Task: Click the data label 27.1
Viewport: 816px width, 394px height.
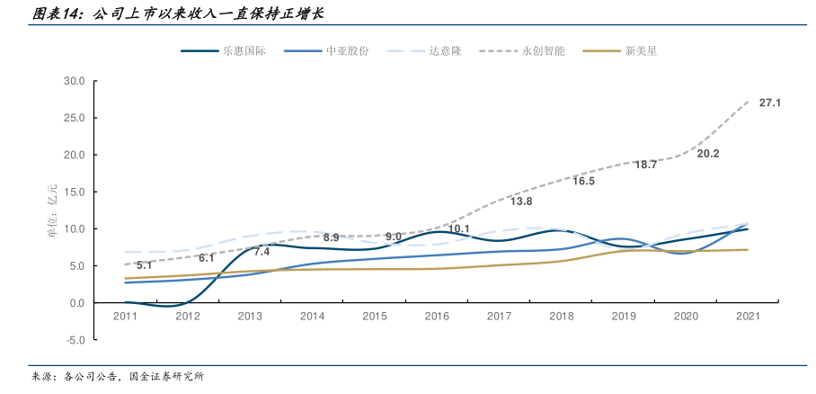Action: click(769, 103)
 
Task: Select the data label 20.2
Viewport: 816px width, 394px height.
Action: click(708, 154)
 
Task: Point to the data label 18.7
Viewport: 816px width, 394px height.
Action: click(645, 165)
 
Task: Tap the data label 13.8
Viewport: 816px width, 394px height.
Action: click(521, 201)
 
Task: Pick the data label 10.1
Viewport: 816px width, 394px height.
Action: click(458, 229)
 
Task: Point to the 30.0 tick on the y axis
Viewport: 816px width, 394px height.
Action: click(74, 81)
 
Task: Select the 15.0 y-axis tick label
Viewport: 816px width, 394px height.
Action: click(74, 192)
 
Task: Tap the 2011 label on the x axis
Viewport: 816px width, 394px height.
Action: click(125, 317)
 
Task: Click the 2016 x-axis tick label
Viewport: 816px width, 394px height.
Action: click(437, 317)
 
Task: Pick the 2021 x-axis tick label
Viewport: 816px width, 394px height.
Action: click(749, 317)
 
